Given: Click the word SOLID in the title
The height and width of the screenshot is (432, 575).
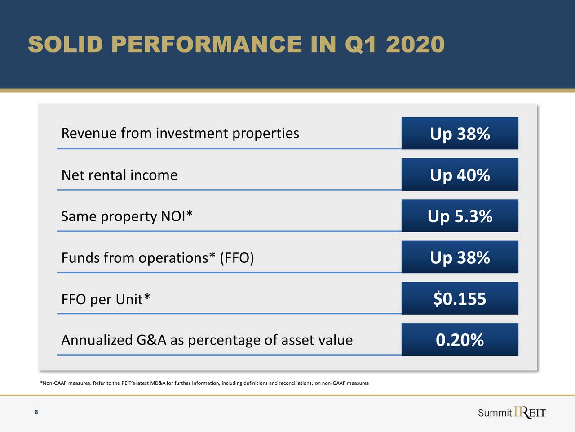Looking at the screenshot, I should click(x=66, y=45).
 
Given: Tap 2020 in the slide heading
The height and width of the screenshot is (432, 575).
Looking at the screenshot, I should click(x=415, y=45).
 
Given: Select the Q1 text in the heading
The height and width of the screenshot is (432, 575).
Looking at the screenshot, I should click(x=361, y=45).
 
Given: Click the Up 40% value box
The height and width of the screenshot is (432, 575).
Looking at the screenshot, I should click(x=460, y=175).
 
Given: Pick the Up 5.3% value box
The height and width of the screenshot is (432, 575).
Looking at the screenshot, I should click(x=460, y=216).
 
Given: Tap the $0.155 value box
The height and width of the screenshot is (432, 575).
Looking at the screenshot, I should click(x=460, y=299).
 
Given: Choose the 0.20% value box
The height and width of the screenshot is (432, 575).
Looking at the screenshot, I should click(x=460, y=340).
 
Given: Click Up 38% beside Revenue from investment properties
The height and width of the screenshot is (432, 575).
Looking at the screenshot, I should click(x=460, y=134).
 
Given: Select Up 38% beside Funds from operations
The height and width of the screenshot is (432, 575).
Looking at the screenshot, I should click(x=460, y=257).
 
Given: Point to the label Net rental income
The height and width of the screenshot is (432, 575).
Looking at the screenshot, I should click(x=119, y=175).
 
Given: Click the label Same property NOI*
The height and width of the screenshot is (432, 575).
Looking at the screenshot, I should click(x=127, y=216).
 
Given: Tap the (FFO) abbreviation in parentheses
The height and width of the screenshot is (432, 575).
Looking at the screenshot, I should click(x=237, y=258).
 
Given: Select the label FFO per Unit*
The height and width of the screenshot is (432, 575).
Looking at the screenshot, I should click(x=106, y=299).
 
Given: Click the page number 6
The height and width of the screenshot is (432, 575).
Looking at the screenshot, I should click(x=36, y=412).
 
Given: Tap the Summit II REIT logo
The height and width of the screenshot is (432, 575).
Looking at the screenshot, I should click(x=512, y=413).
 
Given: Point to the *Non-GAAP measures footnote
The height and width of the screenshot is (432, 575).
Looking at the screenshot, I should click(x=204, y=383).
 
